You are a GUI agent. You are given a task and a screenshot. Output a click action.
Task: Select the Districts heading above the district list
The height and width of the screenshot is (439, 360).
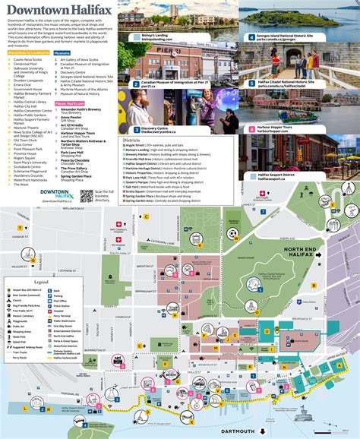134,140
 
